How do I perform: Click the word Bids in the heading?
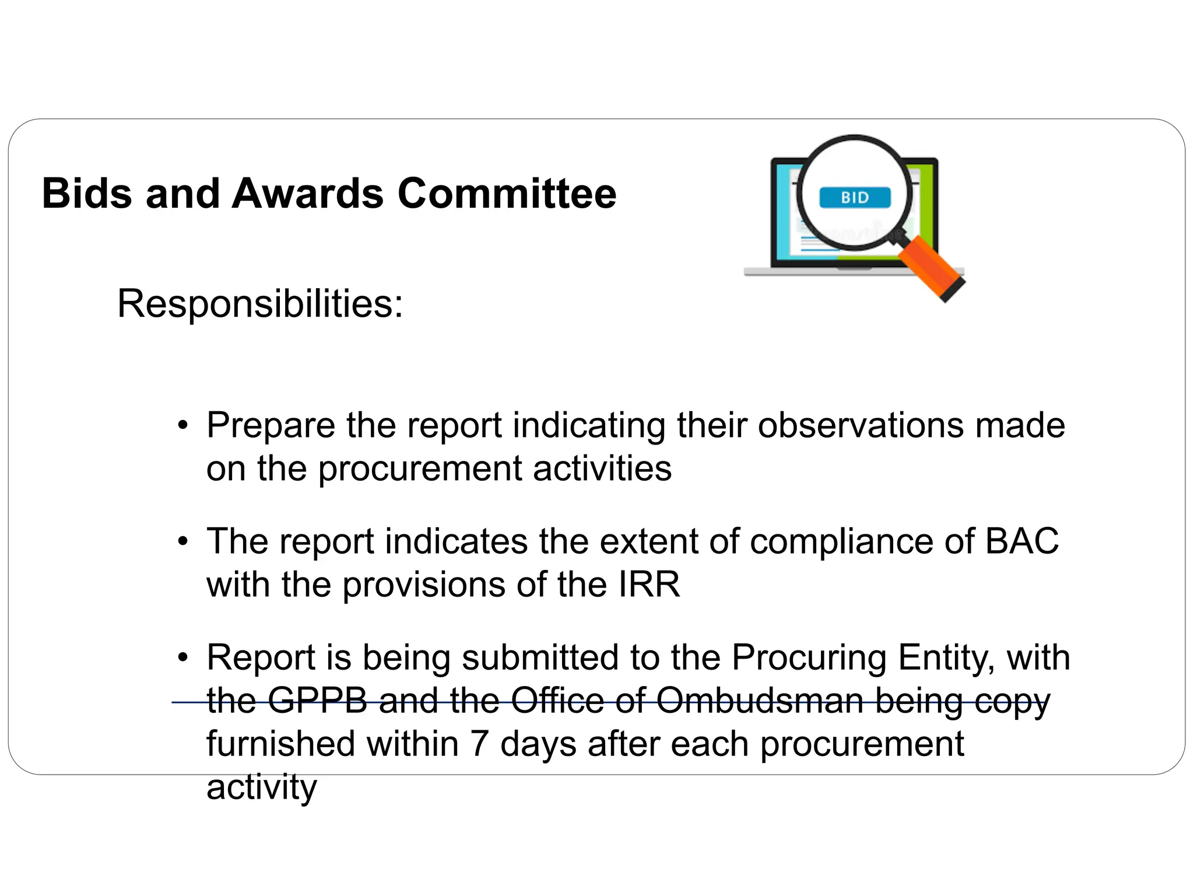pyautogui.click(x=87, y=194)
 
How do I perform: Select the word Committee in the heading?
pyautogui.click(x=507, y=194)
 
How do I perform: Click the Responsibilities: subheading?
pyautogui.click(x=260, y=304)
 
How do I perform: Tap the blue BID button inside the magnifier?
pyautogui.click(x=855, y=198)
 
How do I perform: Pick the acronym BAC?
pyautogui.click(x=1021, y=541)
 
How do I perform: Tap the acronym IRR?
pyautogui.click(x=649, y=584)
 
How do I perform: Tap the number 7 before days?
pyautogui.click(x=479, y=745)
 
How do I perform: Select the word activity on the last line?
pyautogui.click(x=261, y=788)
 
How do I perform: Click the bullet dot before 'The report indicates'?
pyautogui.click(x=183, y=542)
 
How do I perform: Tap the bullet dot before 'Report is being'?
pyautogui.click(x=183, y=658)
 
